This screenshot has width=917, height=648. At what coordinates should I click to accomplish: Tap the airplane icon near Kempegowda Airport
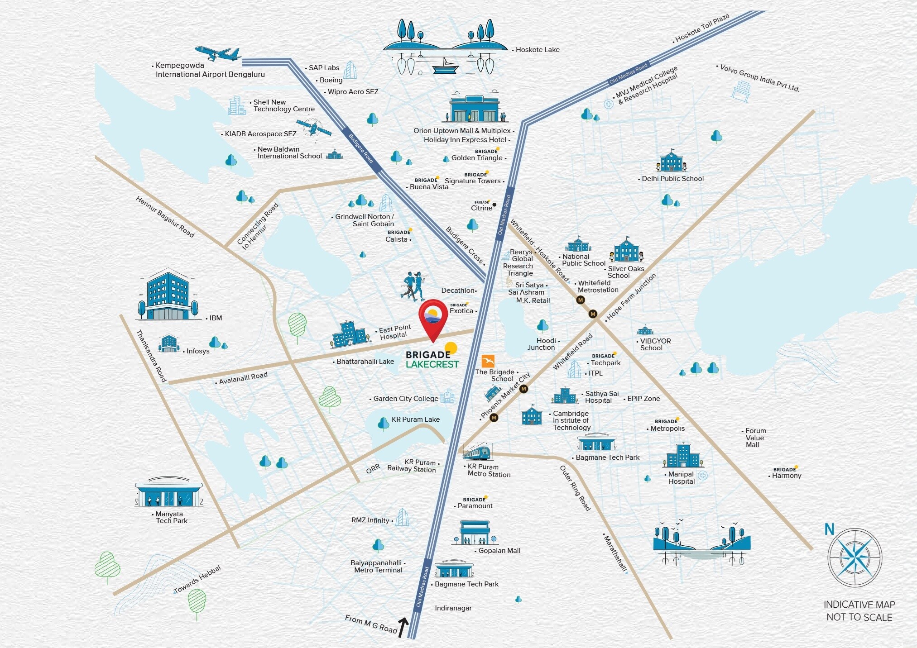[x=218, y=53]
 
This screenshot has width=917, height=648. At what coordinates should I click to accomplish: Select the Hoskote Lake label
[x=537, y=50]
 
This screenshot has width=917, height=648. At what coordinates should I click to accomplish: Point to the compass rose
[x=855, y=557]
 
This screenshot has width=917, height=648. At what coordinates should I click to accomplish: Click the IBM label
[x=216, y=318]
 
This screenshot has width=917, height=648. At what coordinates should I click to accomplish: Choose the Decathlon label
[x=458, y=291]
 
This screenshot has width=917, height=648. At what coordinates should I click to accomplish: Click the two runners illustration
[x=413, y=286]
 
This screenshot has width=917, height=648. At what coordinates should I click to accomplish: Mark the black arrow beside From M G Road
[x=403, y=627]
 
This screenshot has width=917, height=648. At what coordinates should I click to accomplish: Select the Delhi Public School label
[x=672, y=179]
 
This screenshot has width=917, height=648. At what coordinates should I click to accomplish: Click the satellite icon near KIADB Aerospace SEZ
[x=313, y=128]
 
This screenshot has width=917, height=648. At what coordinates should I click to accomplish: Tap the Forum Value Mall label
[x=755, y=438]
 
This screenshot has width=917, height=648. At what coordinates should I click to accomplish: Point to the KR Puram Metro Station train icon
[x=475, y=451]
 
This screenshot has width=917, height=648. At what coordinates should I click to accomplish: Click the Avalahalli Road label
[x=243, y=378]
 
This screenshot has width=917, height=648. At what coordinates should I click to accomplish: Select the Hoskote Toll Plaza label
[x=702, y=28]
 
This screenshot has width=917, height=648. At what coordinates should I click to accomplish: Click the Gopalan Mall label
[x=499, y=551]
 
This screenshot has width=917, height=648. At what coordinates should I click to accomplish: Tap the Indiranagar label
[x=453, y=608]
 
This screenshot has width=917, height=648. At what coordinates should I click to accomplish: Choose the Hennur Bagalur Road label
[x=165, y=217]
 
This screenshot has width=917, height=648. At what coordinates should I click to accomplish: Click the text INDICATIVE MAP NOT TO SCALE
[x=859, y=611]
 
